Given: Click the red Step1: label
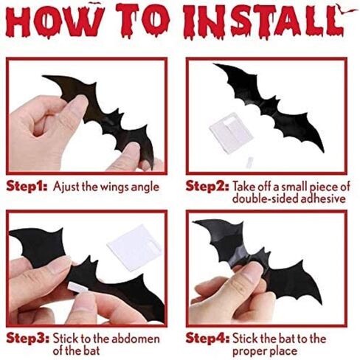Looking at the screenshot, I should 27,187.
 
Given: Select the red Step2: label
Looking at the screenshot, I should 207,186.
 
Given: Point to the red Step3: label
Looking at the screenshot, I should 28,338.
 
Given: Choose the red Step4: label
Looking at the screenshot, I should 207,338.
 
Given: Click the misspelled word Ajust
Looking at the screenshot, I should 66,187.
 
